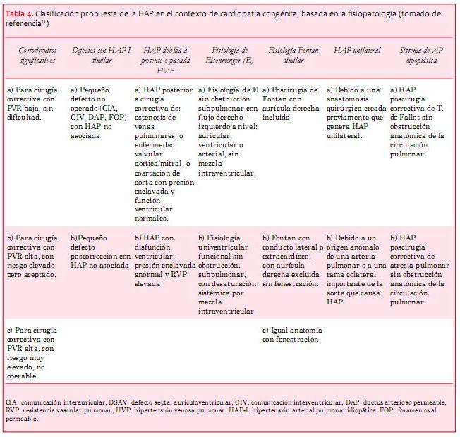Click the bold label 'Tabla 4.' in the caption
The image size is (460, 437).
coord(21,13)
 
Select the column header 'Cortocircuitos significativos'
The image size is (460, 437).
coord(36,56)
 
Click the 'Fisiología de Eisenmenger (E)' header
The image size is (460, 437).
coord(229,56)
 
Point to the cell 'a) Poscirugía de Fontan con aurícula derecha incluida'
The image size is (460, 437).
coord(291,99)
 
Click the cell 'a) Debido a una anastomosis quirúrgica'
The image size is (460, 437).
coord(356,113)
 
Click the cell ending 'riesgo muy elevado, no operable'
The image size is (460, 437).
coord(33,352)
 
